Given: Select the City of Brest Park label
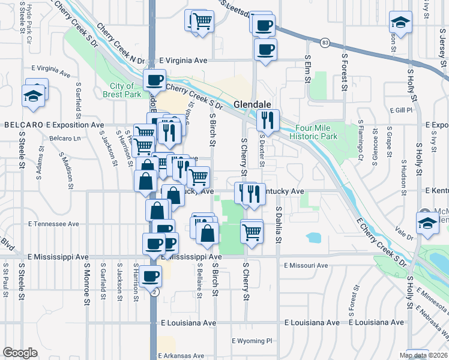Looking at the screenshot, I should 121,90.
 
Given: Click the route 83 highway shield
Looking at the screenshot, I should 325,43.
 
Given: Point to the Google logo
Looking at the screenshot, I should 20,353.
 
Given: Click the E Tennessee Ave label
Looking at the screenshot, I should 53,223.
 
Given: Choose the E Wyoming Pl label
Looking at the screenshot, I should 252,341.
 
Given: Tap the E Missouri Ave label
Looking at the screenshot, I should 306,265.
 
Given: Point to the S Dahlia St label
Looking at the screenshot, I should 279,224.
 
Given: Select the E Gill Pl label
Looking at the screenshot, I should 401,110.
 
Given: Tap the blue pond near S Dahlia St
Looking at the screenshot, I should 313,237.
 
